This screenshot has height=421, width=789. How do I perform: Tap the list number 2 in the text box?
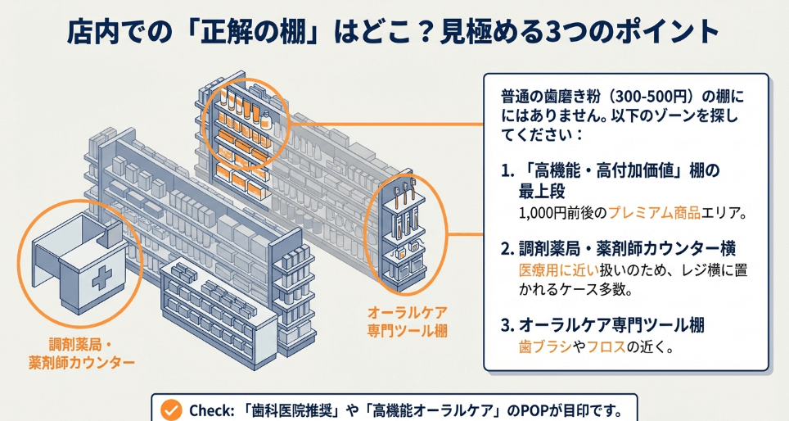[x=506, y=248]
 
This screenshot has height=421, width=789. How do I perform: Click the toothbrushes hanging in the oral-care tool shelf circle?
[x=407, y=198]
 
